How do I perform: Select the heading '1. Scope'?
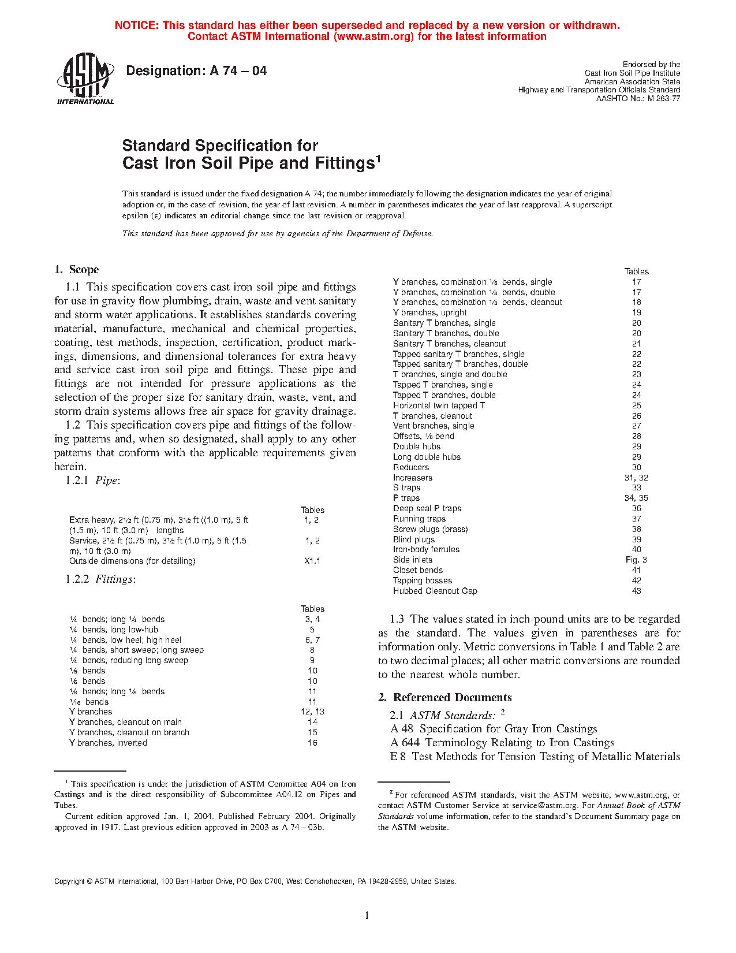77,270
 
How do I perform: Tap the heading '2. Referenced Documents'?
445,698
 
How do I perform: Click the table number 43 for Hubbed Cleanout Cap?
636,591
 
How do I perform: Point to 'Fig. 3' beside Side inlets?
636,560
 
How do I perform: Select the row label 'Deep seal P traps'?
427,508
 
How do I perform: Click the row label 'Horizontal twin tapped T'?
439,405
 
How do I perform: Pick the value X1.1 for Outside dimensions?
312,561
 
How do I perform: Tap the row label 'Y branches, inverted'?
108,743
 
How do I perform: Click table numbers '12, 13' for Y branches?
312,712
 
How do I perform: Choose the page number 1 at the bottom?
367,915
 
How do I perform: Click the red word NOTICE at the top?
136,25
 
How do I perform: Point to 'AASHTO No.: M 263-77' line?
638,98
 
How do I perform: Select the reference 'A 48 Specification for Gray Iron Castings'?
494,729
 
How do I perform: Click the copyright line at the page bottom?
255,881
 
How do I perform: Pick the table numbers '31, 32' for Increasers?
636,478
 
